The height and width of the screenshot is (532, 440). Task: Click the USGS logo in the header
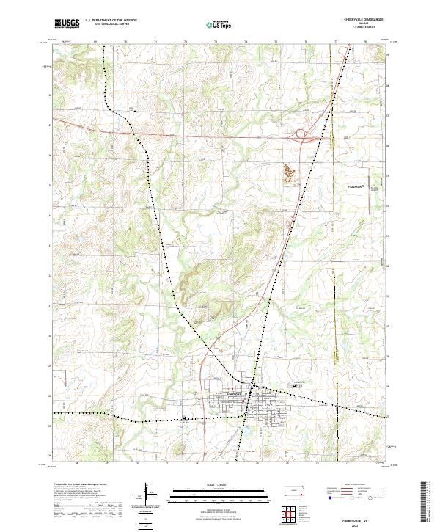pyautogui.click(x=67, y=24)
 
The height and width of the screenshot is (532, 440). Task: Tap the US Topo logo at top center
pyautogui.click(x=219, y=24)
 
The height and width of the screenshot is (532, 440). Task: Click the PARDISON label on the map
pyautogui.click(x=358, y=187)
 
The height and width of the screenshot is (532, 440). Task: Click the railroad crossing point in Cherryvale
pyautogui.click(x=252, y=385)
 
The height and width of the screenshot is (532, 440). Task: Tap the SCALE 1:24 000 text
pyautogui.click(x=219, y=484)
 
